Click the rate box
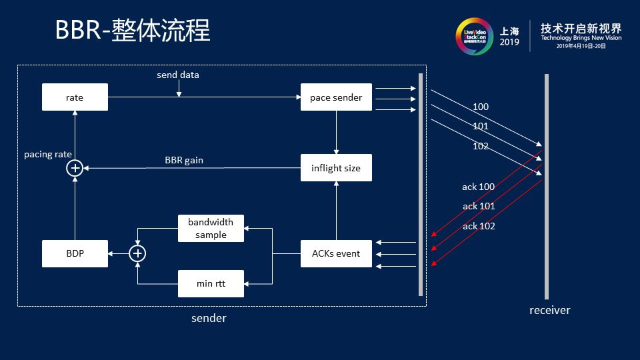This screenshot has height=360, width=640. [x=75, y=97]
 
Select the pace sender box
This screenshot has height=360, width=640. [x=336, y=97]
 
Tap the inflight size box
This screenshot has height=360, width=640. [x=336, y=168]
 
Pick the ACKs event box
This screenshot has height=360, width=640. [x=336, y=253]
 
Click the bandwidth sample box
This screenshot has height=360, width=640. [x=211, y=228]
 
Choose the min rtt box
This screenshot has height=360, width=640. [x=211, y=283]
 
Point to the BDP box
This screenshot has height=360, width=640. [x=75, y=253]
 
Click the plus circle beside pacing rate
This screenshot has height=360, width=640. [x=75, y=168]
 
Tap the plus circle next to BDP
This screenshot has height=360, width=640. [x=137, y=253]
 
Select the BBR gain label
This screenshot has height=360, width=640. [x=184, y=160]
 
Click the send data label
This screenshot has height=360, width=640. [x=177, y=75]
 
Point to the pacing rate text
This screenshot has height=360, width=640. [x=48, y=154]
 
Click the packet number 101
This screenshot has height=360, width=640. [x=480, y=126]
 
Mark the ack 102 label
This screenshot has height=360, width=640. [x=479, y=226]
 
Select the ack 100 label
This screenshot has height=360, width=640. [x=479, y=187]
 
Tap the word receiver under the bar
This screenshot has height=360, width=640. [x=549, y=310]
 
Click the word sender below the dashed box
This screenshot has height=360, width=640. [x=209, y=318]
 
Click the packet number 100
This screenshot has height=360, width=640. [x=480, y=107]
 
